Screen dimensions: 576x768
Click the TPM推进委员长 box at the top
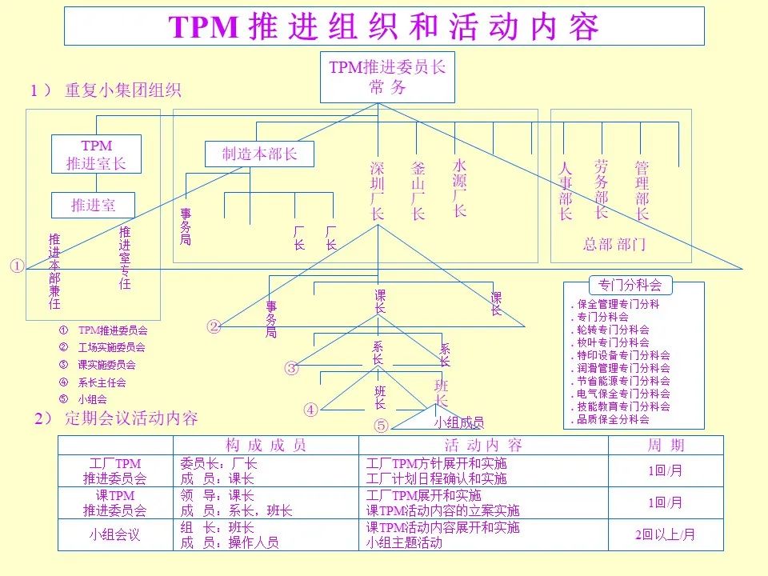point(387,77)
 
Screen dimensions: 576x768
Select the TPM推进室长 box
point(96,154)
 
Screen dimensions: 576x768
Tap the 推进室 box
point(94,205)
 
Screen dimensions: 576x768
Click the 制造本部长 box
point(259,154)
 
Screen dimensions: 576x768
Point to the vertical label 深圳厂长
point(378,191)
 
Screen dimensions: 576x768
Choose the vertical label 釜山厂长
point(418,191)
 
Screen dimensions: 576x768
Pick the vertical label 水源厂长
point(459,187)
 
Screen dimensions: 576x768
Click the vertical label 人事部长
point(566,191)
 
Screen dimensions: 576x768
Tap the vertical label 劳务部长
point(602,188)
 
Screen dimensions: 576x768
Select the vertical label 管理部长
point(642,191)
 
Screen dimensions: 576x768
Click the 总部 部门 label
point(614,244)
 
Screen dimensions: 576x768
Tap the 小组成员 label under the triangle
point(458,422)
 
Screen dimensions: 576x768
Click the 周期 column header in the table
point(666,446)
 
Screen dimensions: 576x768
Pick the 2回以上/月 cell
point(666,535)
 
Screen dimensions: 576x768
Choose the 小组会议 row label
point(114,535)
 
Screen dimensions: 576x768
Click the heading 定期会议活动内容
point(132,418)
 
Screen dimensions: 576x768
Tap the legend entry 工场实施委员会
point(111,347)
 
